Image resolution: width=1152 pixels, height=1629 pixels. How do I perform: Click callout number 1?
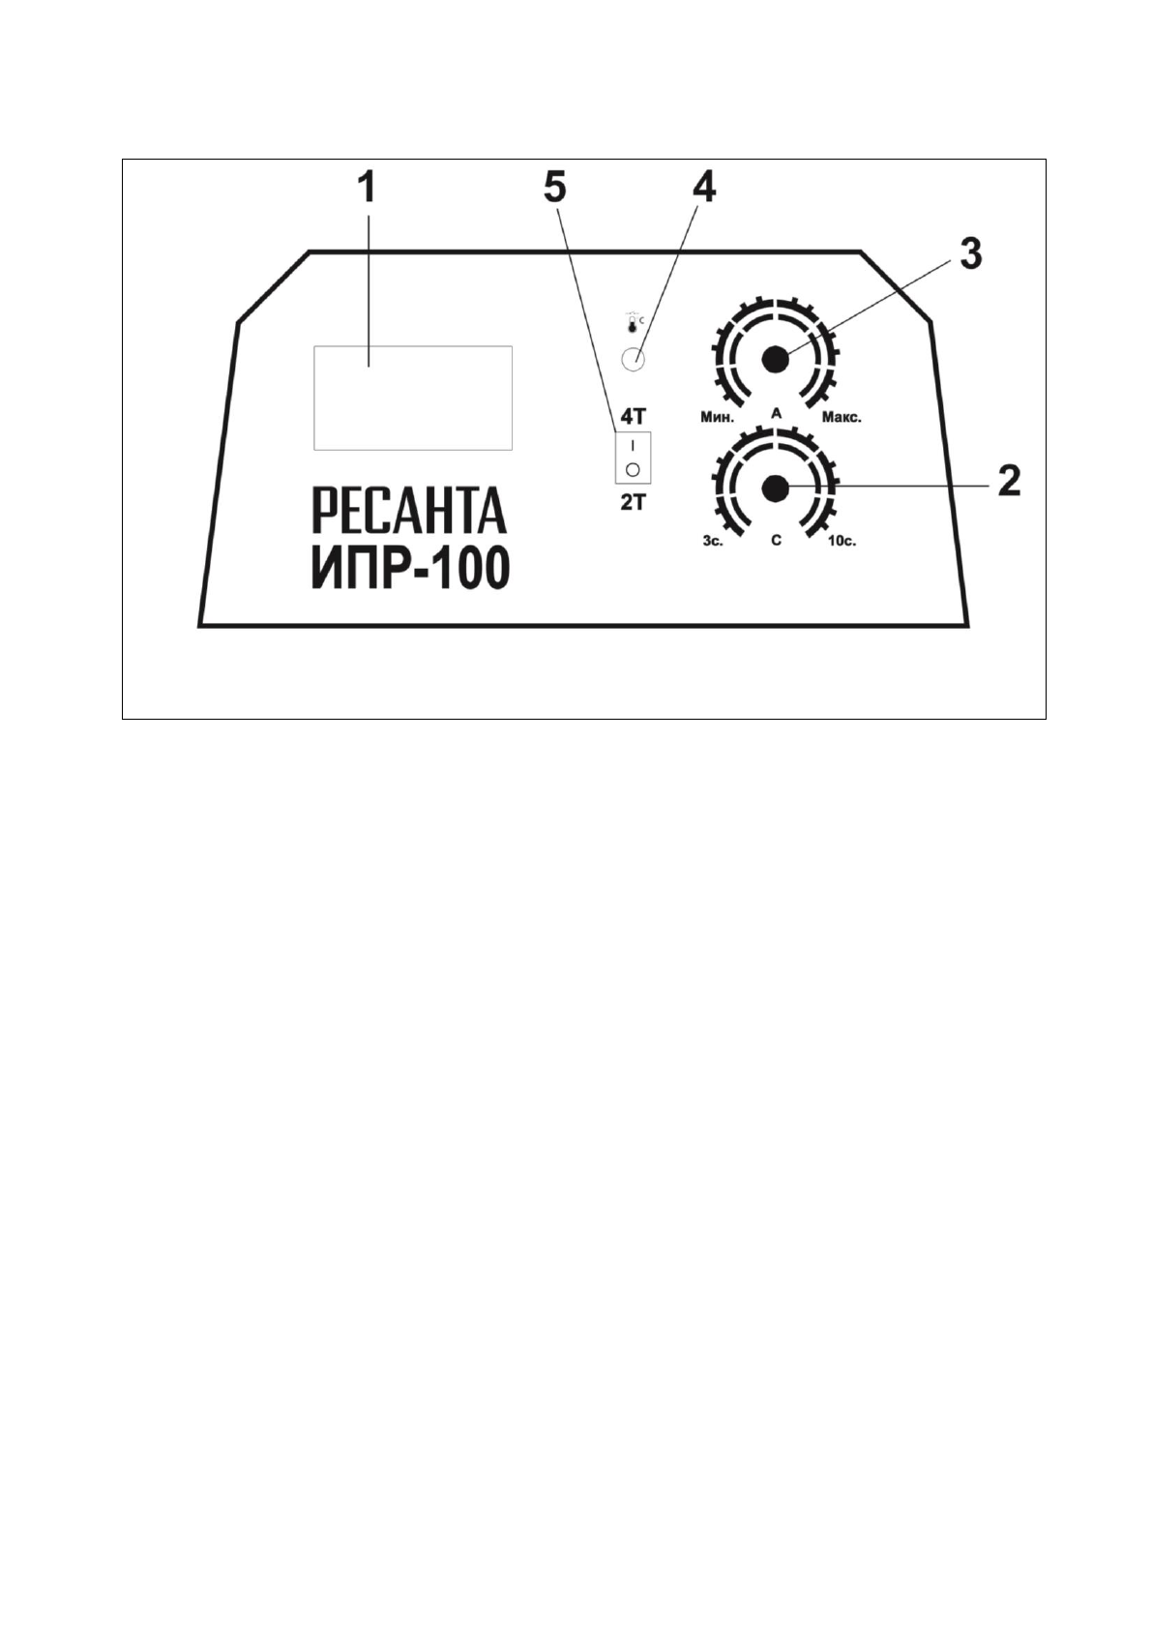click(367, 190)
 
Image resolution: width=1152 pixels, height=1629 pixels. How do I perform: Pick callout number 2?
click(1008, 480)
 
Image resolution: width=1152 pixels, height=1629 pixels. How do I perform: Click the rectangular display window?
click(413, 398)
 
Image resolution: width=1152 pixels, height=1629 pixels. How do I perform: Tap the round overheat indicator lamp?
click(634, 360)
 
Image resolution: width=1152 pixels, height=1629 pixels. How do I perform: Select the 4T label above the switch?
click(633, 417)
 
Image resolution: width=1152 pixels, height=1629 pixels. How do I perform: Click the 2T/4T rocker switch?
click(633, 458)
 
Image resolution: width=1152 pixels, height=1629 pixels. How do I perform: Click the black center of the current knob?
click(775, 360)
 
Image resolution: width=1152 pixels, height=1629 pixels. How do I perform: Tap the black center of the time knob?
click(775, 489)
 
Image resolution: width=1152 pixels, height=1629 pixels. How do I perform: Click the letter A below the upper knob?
click(776, 413)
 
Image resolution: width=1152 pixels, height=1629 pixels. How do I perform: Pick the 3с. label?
click(713, 541)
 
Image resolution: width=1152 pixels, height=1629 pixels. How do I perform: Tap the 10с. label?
click(842, 541)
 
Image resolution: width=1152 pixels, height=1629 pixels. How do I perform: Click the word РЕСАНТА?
click(409, 511)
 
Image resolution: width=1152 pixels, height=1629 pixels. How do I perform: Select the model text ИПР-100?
click(410, 569)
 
